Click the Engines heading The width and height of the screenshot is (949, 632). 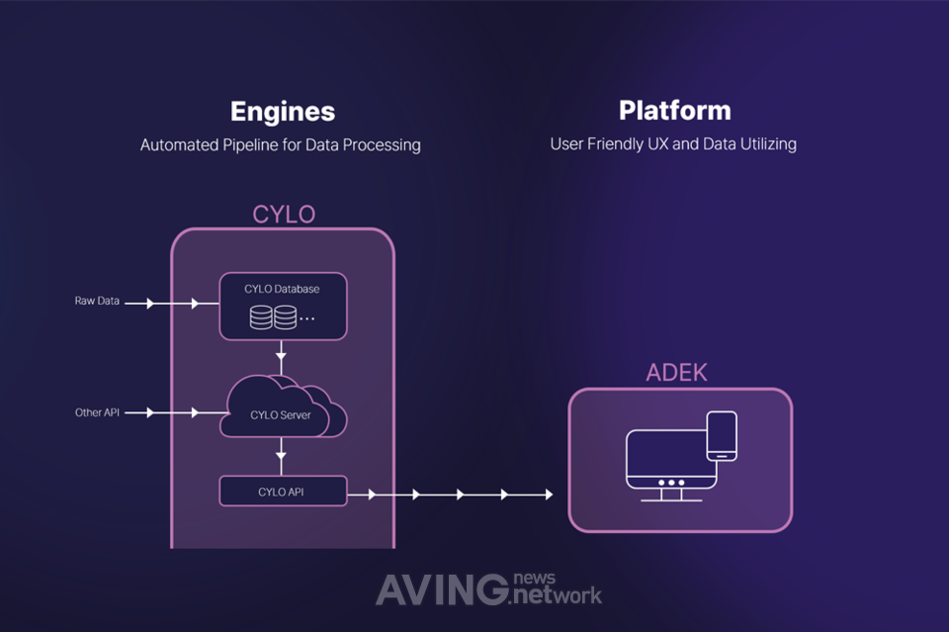click(282, 111)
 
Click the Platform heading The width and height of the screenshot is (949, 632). click(674, 110)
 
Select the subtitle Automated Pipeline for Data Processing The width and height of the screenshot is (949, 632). click(281, 145)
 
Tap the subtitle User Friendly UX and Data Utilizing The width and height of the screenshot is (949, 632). click(673, 144)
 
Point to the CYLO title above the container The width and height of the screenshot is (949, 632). click(283, 214)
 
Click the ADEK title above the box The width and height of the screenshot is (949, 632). click(677, 373)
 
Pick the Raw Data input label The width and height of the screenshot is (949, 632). click(97, 301)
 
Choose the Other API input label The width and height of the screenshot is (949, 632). click(97, 412)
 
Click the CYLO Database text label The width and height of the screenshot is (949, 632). click(282, 289)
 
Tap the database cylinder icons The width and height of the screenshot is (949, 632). click(274, 317)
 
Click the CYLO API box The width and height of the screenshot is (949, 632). click(283, 491)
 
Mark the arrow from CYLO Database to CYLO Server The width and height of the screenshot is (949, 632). click(282, 353)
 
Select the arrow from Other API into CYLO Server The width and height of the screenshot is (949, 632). click(183, 412)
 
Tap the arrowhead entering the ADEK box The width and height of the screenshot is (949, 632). click(549, 494)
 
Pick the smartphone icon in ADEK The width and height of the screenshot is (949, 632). click(723, 435)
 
